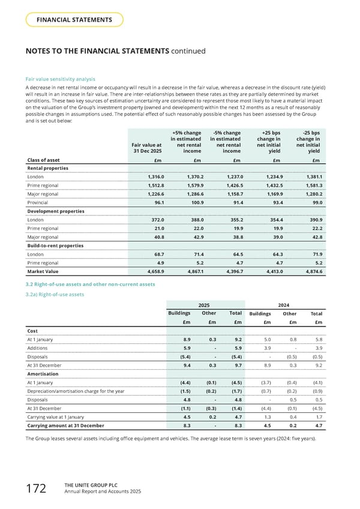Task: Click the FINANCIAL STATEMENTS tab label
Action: [x=74, y=20]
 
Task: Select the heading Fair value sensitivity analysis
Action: [x=60, y=79]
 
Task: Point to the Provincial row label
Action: [x=39, y=202]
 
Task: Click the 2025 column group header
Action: [x=204, y=304]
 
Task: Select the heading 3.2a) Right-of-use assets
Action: [x=54, y=294]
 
